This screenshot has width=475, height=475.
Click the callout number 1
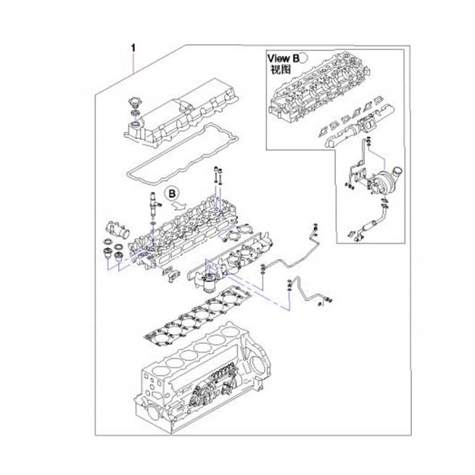pos(133,48)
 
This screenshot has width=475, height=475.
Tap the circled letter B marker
pos(172,194)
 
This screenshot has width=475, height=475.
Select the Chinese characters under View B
pos(281,70)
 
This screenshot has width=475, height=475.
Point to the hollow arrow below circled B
pos(179,205)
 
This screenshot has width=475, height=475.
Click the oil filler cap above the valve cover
pos(134,103)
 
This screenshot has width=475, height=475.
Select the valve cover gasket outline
pos(182,154)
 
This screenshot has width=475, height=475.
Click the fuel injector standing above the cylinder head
pos(154,205)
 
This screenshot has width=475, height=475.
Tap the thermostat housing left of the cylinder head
pos(117,231)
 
